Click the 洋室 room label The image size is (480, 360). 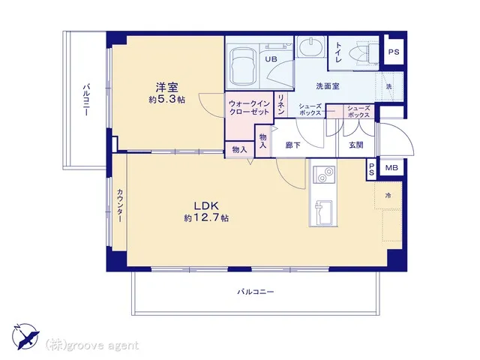tap(166, 88)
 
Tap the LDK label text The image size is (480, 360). tap(205, 205)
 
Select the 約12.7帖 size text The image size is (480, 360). tap(206, 217)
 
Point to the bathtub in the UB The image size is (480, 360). tap(242, 67)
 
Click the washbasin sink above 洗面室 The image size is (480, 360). tap(310, 47)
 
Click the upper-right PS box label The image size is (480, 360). tap(394, 52)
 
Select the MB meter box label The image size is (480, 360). tap(391, 168)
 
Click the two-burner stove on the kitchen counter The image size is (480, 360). tap(324, 175)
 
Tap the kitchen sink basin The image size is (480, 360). tap(324, 212)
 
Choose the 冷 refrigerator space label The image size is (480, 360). tap(388, 195)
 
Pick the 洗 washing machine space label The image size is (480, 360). tap(388, 86)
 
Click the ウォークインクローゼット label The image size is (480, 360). tap(250, 108)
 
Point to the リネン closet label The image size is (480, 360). tap(281, 105)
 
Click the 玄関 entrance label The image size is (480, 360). tap(356, 145)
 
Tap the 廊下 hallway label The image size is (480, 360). tap(292, 145)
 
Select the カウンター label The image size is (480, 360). tap(120, 205)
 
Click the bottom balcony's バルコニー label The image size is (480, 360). tap(255, 292)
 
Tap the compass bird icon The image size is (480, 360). tap(25, 337)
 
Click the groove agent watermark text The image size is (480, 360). tap(92, 346)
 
